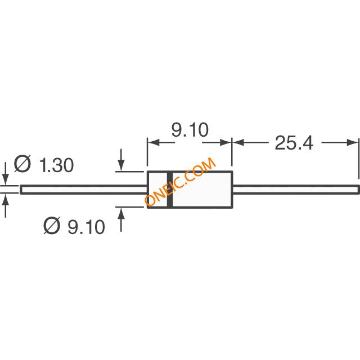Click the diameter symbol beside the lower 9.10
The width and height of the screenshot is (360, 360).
click(52, 227)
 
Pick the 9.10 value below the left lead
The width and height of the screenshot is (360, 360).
click(86, 227)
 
